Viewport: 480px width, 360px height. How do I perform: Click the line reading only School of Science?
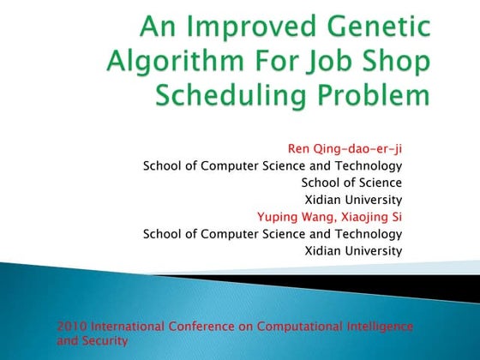pos(351,183)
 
